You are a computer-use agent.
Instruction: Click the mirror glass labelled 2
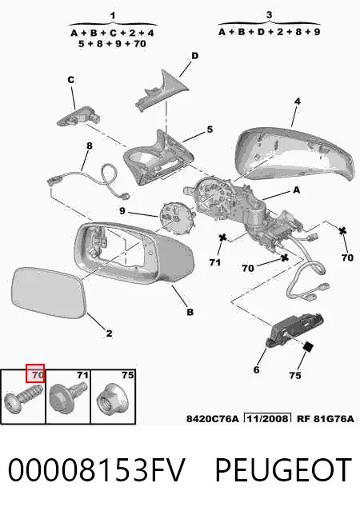coord(48,292)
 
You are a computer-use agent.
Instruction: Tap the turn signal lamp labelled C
coord(78,116)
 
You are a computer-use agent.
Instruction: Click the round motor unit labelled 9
coord(176,218)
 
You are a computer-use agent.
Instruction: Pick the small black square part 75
coord(308,347)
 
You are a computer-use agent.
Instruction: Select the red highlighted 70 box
coord(35,373)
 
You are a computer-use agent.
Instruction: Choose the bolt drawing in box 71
coord(68,396)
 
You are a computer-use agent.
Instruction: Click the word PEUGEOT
coord(283,469)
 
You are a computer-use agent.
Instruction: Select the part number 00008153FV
coord(97,469)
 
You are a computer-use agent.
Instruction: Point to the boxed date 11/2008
coord(268,418)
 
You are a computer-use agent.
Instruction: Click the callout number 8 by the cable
coord(89,146)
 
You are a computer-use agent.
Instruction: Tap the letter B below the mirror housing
coord(190,312)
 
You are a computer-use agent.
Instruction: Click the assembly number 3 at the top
coord(269,14)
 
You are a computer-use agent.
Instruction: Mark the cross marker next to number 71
coord(222,238)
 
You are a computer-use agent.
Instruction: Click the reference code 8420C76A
coord(212,419)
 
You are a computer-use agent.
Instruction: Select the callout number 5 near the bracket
coord(210,130)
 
